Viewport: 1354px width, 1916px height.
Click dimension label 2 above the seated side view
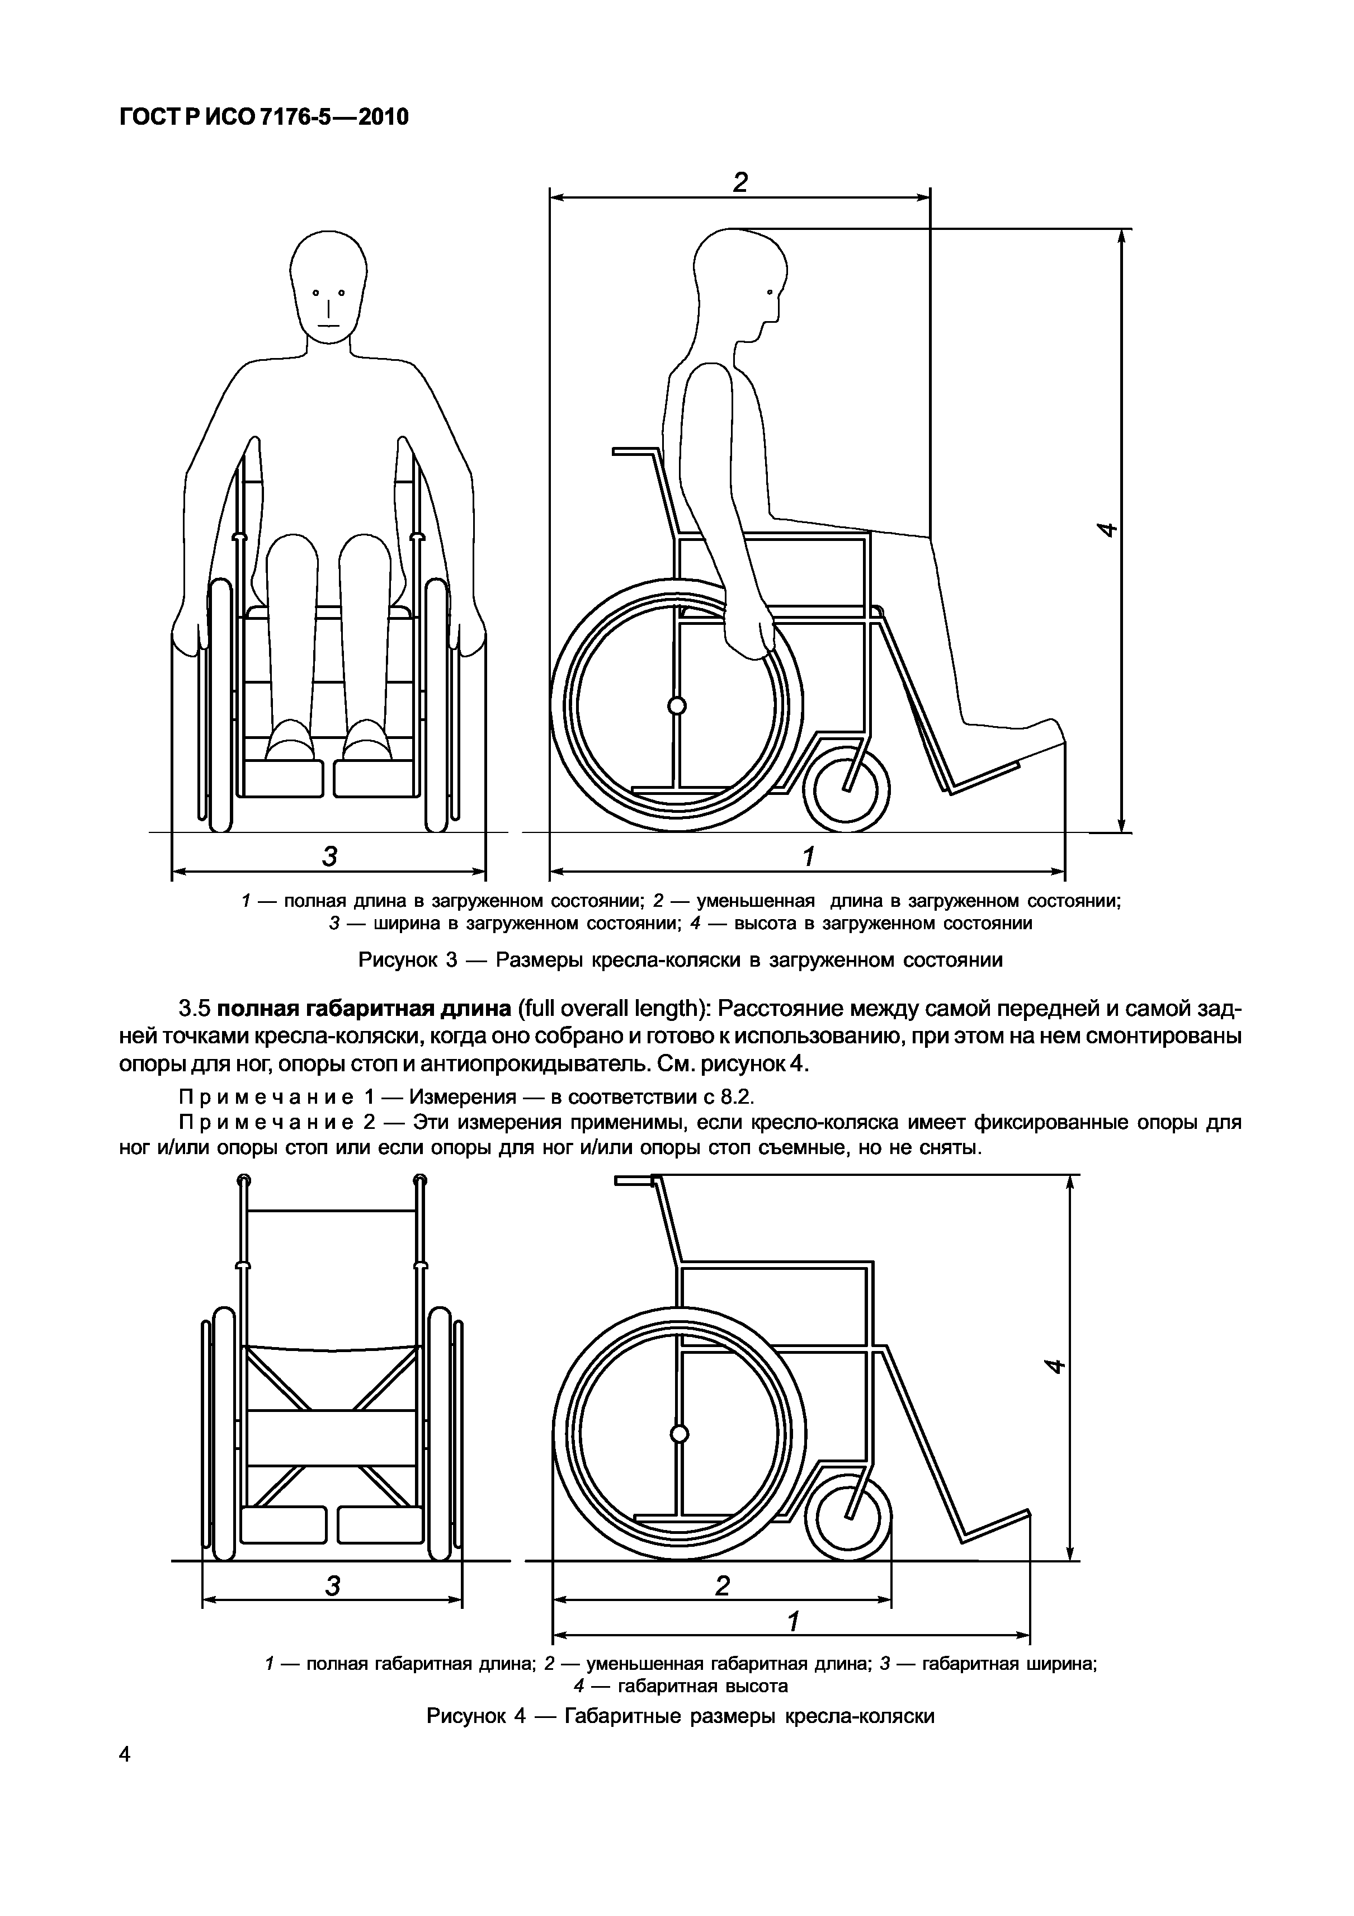pos(740,182)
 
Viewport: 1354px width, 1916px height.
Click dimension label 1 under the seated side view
pos(808,856)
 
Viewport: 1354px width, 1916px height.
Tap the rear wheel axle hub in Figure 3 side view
pos(677,706)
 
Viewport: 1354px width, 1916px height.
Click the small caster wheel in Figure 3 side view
pos(846,789)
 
